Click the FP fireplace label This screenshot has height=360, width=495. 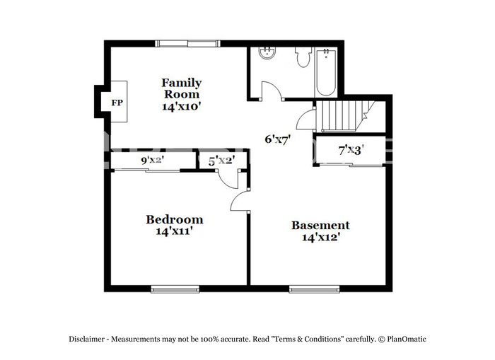pyautogui.click(x=117, y=103)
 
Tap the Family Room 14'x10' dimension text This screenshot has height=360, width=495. pyautogui.click(x=182, y=107)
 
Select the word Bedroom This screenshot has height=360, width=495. pyautogui.click(x=174, y=219)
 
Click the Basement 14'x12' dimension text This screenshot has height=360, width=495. pyautogui.click(x=320, y=237)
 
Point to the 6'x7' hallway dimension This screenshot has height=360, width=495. pyautogui.click(x=277, y=139)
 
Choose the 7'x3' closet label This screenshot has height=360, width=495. pyautogui.click(x=351, y=151)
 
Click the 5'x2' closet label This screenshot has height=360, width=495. pyautogui.click(x=221, y=161)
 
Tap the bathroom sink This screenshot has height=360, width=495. pyautogui.click(x=267, y=53)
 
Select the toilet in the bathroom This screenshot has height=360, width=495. pyautogui.click(x=303, y=57)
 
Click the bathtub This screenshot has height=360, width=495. pyautogui.click(x=326, y=72)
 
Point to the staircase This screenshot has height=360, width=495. pyautogui.click(x=345, y=117)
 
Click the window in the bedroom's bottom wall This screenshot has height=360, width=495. pyautogui.click(x=175, y=289)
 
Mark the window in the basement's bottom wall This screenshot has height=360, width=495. pyautogui.click(x=315, y=289)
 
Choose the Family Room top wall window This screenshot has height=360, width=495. pyautogui.click(x=188, y=44)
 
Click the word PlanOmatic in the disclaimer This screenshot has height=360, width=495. pyautogui.click(x=407, y=339)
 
